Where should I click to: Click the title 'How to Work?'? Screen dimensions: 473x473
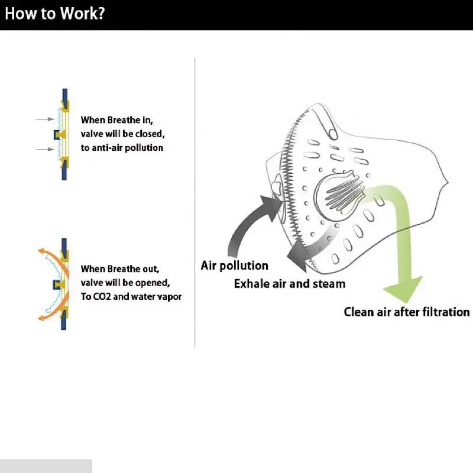pyautogui.click(x=54, y=14)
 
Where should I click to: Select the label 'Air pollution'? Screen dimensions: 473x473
pyautogui.click(x=234, y=265)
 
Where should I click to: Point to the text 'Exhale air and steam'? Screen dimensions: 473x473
pyautogui.click(x=290, y=284)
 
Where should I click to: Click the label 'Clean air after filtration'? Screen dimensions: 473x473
pyautogui.click(x=407, y=312)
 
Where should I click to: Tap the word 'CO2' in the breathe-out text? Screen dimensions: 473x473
pyautogui.click(x=99, y=297)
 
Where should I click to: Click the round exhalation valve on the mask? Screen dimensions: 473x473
pyautogui.click(x=338, y=195)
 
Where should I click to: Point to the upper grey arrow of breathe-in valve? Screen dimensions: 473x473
pyautogui.click(x=46, y=119)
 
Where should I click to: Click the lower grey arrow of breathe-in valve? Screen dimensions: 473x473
pyautogui.click(x=46, y=149)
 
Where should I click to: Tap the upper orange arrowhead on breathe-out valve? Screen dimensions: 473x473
pyautogui.click(x=41, y=251)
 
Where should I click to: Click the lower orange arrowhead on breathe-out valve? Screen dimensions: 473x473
pyautogui.click(x=41, y=318)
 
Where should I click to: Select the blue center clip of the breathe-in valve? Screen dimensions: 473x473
pyautogui.click(x=56, y=135)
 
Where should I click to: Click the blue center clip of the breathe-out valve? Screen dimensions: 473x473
pyautogui.click(x=56, y=284)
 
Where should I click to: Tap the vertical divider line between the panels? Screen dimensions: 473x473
pyautogui.click(x=195, y=203)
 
